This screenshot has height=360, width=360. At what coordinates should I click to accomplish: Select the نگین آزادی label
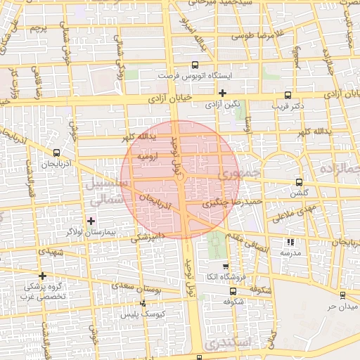(222, 104)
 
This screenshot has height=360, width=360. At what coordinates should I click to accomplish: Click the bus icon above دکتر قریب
(288, 95)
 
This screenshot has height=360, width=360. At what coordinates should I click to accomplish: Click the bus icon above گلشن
(300, 181)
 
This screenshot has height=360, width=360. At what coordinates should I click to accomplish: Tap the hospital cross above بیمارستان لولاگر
(91, 221)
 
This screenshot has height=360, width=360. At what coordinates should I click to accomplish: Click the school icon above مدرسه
(292, 241)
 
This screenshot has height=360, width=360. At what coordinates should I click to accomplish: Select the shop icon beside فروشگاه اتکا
(225, 266)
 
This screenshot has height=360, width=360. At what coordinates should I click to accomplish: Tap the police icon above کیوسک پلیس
(143, 304)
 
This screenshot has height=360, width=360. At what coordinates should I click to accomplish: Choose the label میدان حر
(328, 307)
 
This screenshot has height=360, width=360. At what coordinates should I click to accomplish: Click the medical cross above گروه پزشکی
(43, 276)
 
